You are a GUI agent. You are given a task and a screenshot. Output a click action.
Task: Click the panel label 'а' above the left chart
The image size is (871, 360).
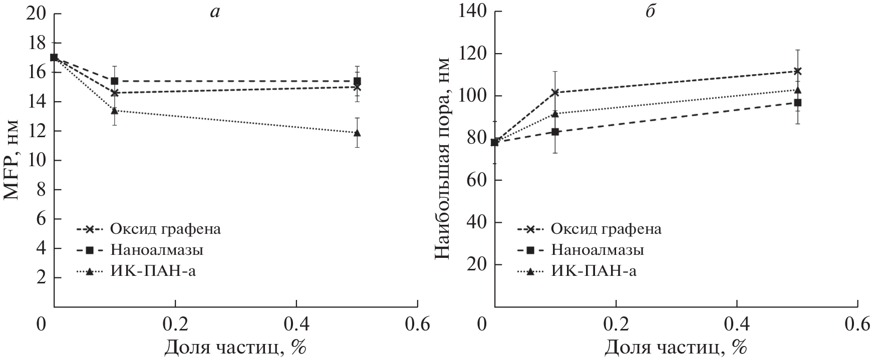215,13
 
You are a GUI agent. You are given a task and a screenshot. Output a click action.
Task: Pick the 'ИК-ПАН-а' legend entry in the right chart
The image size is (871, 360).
593,271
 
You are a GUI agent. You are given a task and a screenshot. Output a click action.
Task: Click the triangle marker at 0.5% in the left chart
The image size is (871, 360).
357,133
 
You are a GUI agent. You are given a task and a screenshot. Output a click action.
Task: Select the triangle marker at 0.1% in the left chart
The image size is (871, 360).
115,110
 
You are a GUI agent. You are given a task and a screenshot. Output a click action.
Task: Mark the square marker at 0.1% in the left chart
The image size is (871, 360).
115,81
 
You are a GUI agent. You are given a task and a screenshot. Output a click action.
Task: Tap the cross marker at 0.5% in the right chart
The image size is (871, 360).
798,71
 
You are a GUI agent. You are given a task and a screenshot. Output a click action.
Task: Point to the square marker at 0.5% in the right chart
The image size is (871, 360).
798,103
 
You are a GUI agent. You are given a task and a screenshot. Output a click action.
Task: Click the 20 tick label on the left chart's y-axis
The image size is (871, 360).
37,14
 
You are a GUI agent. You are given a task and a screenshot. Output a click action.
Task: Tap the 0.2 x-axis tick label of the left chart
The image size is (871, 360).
175,324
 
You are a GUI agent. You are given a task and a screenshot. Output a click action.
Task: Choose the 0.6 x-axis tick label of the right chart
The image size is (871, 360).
857,324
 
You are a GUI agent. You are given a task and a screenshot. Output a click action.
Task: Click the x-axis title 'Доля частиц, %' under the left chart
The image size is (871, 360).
236,347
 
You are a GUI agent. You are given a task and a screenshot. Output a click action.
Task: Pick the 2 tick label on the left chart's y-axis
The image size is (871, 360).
42,277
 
